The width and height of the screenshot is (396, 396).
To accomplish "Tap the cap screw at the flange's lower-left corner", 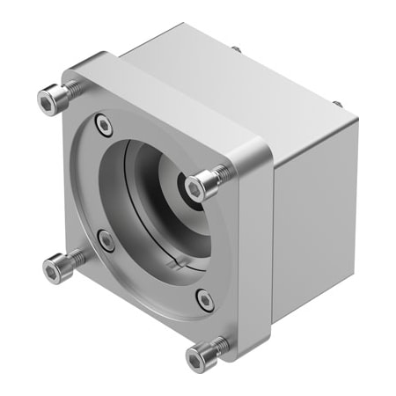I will (x=56, y=261).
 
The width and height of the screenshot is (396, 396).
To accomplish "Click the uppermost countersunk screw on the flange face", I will (x=105, y=127).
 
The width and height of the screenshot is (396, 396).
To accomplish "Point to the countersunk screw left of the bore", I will (x=105, y=238).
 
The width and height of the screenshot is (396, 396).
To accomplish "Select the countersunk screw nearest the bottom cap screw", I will (x=204, y=300).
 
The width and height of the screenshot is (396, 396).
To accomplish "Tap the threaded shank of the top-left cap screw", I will (x=70, y=88).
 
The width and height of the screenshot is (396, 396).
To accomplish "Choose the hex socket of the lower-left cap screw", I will (x=52, y=263).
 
